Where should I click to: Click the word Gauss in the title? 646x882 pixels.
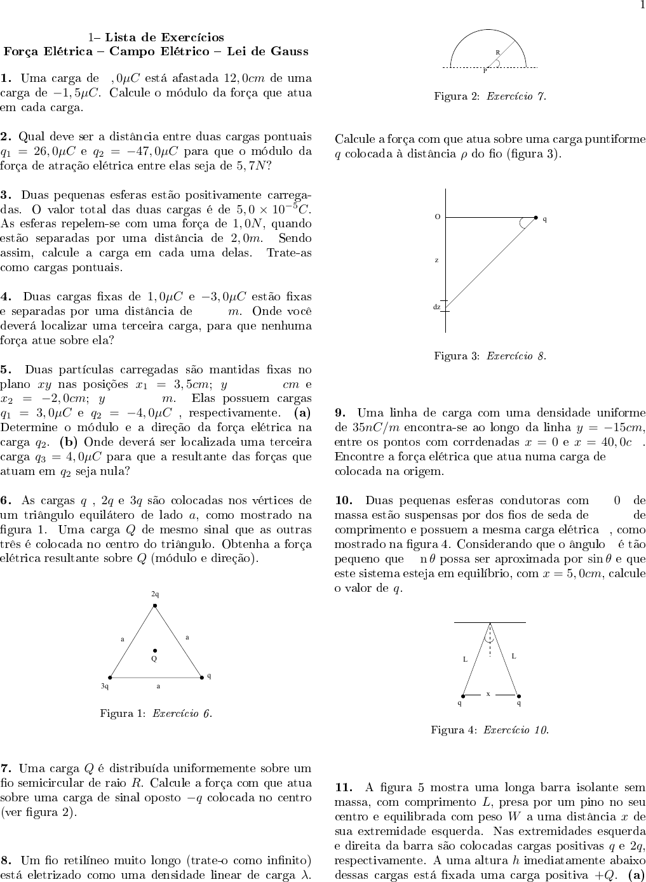coord(287,51)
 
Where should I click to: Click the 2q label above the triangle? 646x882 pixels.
coord(155,594)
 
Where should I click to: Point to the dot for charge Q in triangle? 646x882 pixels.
coord(154,650)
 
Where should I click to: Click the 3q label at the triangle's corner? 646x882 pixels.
coord(105,686)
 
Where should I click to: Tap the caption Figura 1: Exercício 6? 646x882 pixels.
coord(156,713)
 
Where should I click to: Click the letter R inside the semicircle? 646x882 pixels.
coord(498,52)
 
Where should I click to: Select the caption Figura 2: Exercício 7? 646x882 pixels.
coord(490,97)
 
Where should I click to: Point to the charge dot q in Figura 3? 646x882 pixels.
coord(535,218)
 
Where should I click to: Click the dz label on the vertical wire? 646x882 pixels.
coord(437,307)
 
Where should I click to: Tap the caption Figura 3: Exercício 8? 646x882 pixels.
coord(490,356)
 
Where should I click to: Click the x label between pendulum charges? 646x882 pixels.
coord(488,693)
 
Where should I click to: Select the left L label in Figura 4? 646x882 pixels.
coord(465,659)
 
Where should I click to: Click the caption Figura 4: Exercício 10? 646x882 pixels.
coord(490,730)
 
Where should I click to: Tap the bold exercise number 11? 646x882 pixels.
coord(344,787)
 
